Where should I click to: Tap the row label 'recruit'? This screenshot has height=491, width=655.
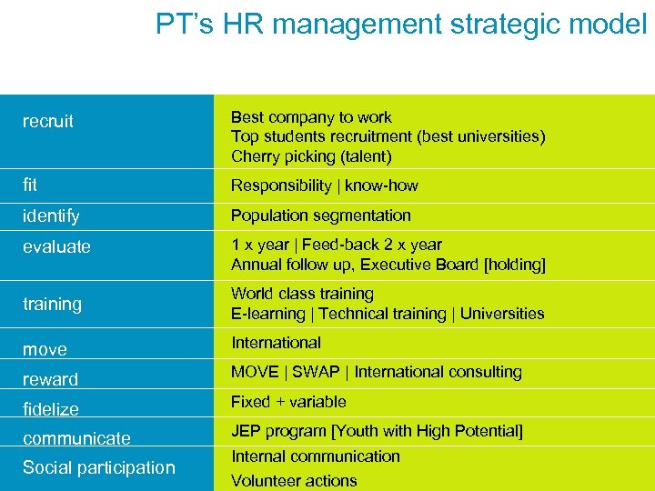pos(48,122)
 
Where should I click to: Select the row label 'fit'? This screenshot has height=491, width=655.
pos(30,185)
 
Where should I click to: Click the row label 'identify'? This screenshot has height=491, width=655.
pos(51,216)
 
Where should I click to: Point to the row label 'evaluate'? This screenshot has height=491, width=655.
pos(56,246)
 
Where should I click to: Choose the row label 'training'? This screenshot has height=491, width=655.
pos(52,304)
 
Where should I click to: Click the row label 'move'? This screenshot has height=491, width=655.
pos(45,349)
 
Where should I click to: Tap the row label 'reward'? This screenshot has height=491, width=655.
pos(50,379)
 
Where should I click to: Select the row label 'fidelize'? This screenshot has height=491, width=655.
pos(51,409)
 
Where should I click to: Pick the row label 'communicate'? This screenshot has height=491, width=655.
pos(76,438)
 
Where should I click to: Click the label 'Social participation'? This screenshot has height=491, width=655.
pos(98,467)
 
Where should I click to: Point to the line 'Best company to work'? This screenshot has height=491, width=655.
pos(311,117)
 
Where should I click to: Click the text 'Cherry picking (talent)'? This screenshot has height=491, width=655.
pos(311,156)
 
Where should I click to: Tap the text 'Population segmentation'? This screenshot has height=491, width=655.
pos(321,215)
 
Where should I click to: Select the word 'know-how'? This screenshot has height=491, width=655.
pos(381,185)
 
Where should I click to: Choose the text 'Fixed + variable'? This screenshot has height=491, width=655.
pos(288,402)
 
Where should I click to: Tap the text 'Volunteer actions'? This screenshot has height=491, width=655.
pos(294,481)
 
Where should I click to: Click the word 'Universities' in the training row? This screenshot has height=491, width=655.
pos(502,314)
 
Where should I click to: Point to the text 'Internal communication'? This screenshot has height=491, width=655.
pos(316,456)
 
